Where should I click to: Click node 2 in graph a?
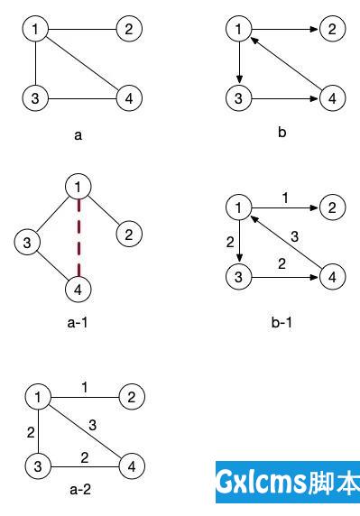130,29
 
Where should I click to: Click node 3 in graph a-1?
28,243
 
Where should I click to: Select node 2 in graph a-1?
129,235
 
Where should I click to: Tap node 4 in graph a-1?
78,289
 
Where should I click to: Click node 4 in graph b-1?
333,277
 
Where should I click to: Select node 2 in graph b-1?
333,209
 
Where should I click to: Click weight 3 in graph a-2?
93,424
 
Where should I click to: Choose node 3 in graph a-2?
38,465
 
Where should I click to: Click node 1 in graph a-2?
38,397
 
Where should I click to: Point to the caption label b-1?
283,320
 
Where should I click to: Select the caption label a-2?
79,491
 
